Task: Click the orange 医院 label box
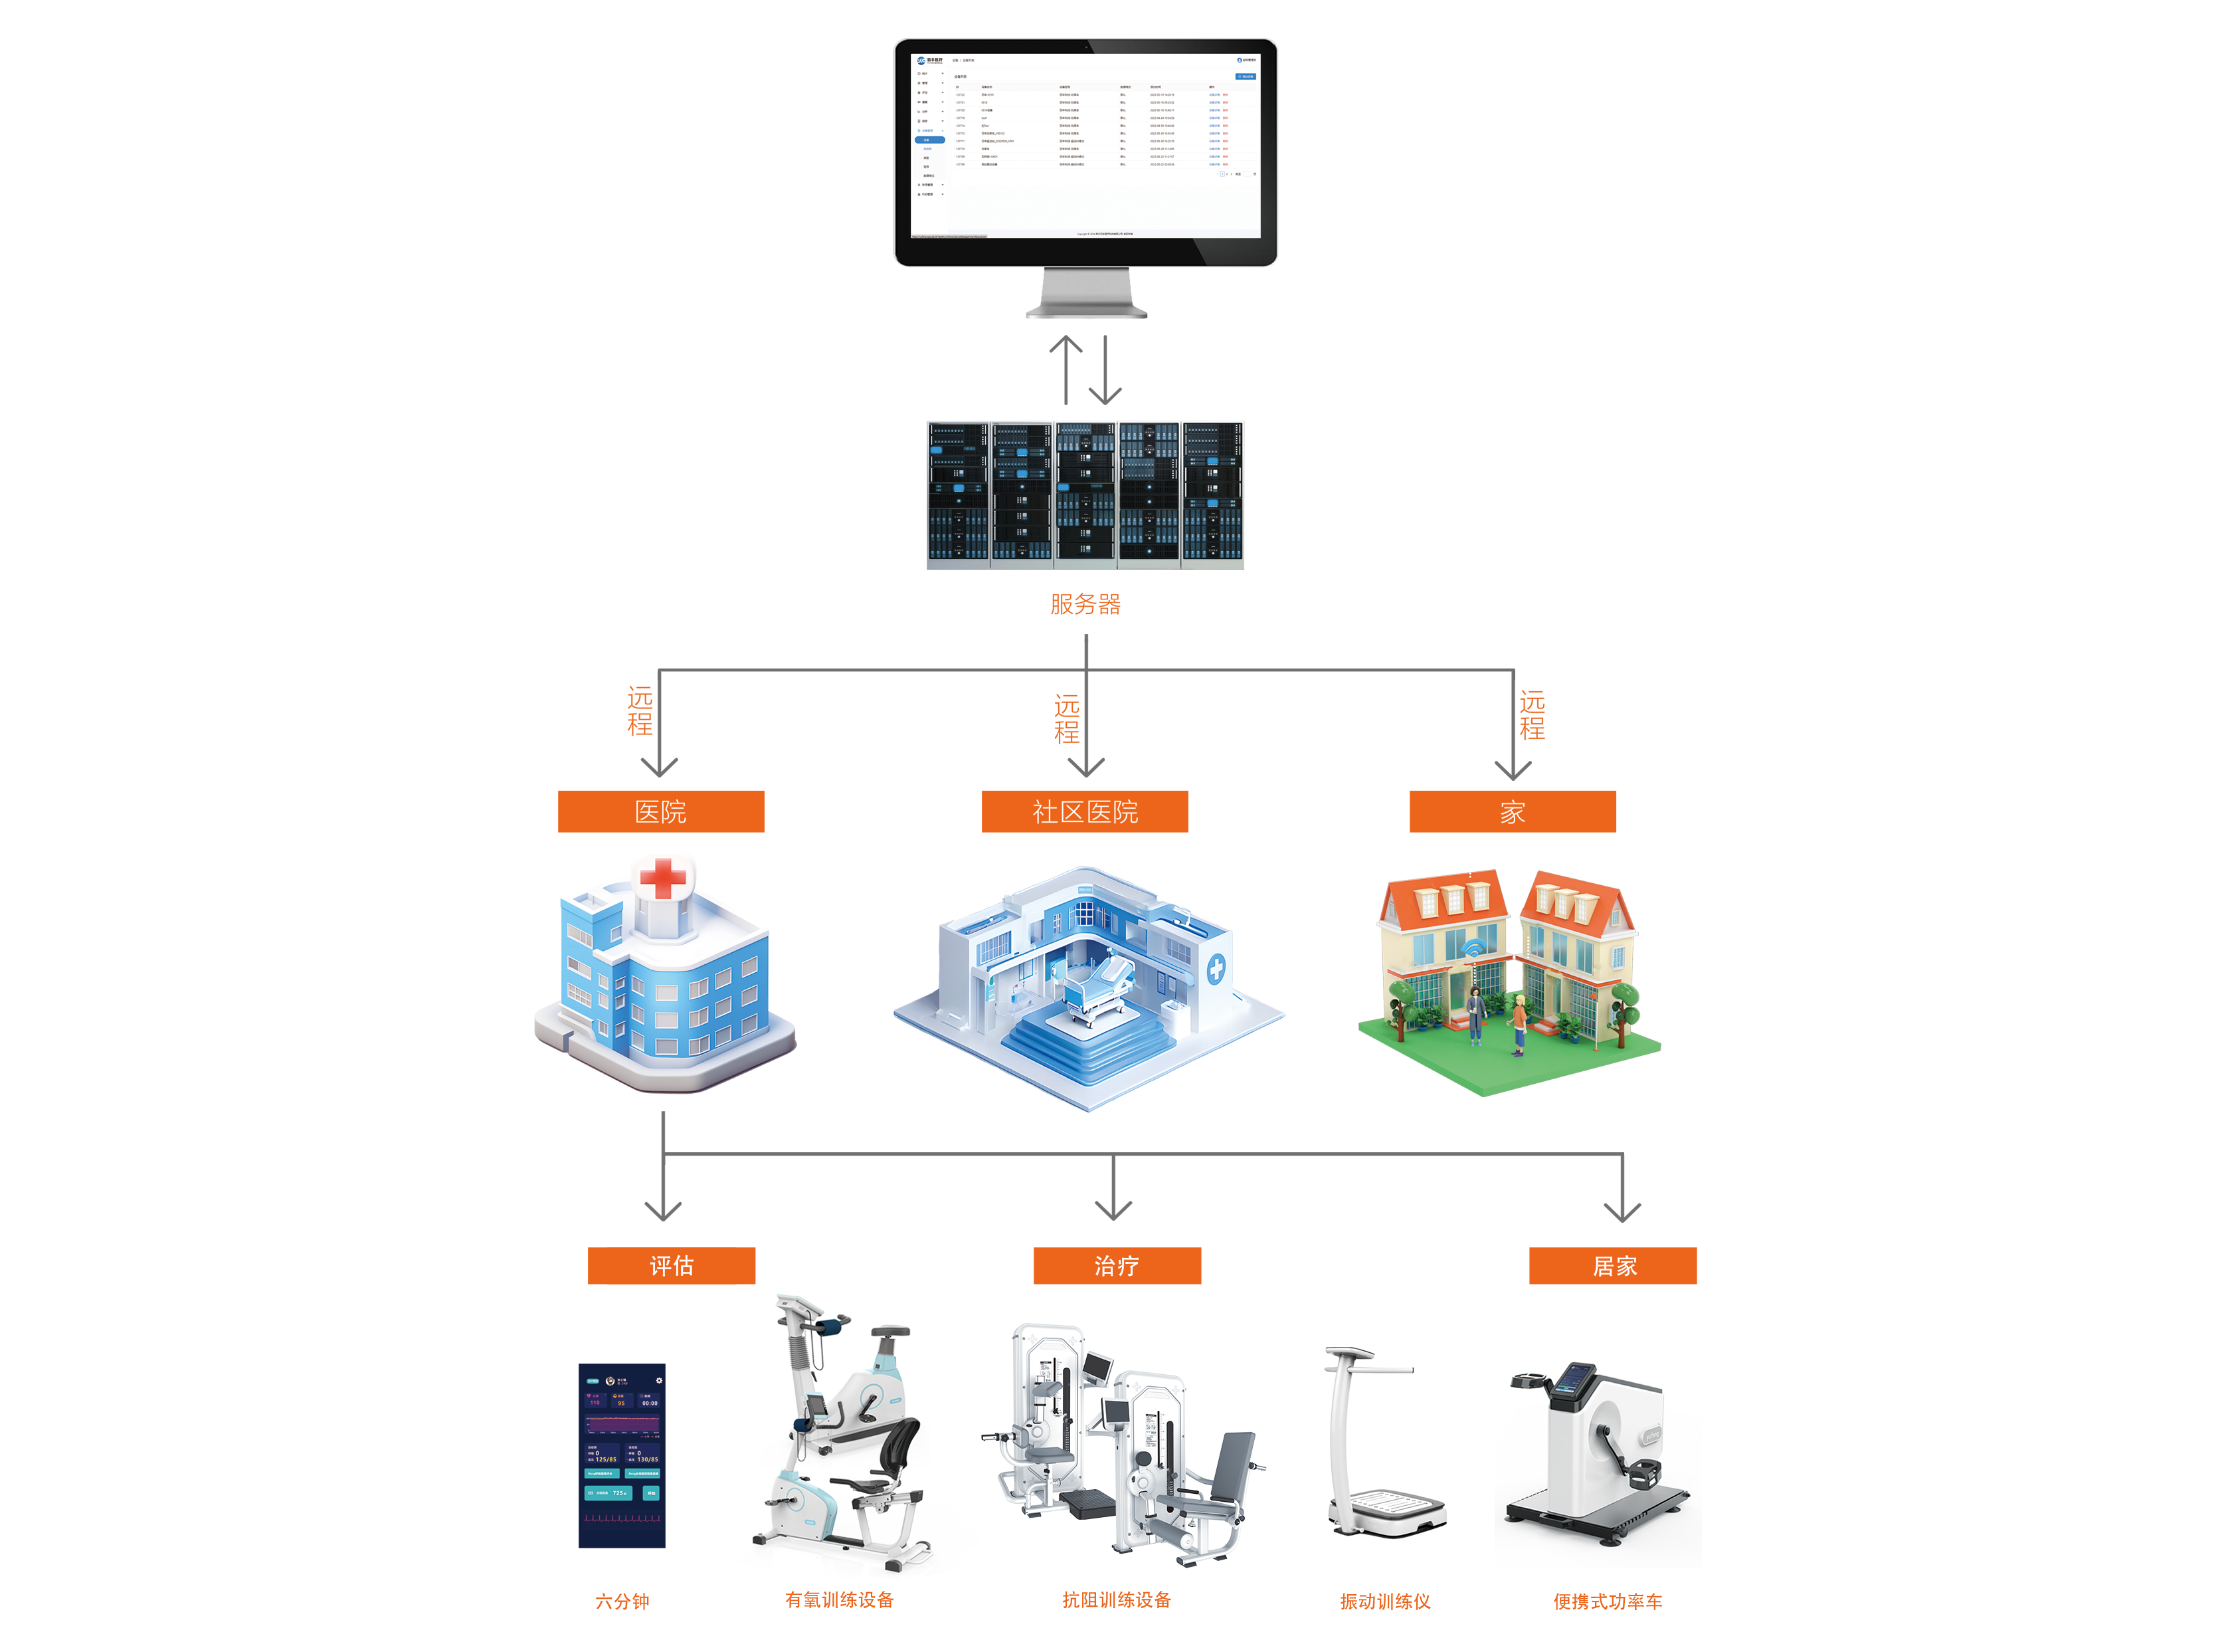[x=660, y=811]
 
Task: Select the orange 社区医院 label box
[x=1084, y=811]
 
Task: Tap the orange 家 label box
[x=1512, y=811]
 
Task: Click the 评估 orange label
[x=671, y=1265]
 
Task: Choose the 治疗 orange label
[x=1116, y=1265]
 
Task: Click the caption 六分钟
[x=622, y=1601]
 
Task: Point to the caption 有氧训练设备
[x=839, y=1599]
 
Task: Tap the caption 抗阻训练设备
[x=1116, y=1599]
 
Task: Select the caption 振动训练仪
[x=1384, y=1601]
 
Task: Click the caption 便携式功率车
[x=1607, y=1601]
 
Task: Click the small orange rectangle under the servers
[x=1085, y=603]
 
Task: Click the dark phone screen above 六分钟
[x=621, y=1455]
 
